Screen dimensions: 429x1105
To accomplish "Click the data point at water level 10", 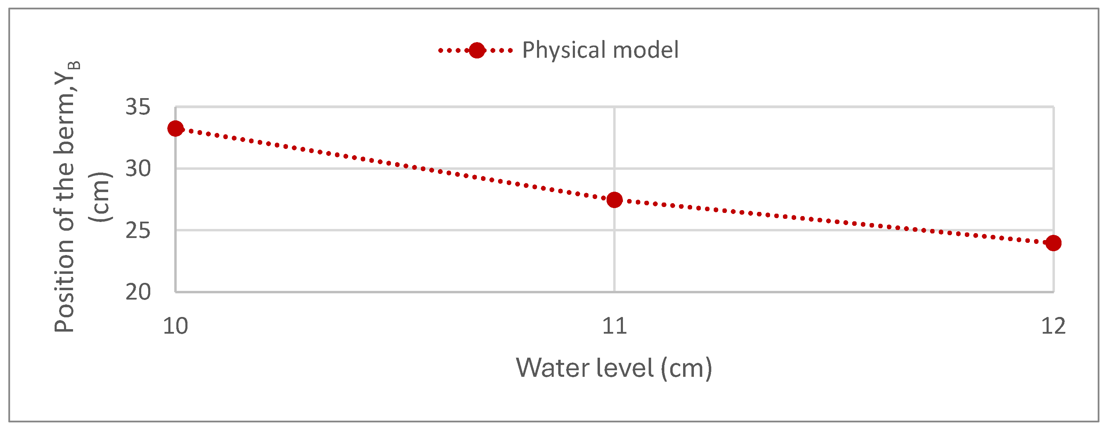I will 175,128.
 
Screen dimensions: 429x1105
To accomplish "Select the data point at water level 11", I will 614,199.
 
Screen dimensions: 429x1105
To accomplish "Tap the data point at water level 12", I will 1053,243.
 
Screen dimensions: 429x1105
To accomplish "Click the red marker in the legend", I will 477,50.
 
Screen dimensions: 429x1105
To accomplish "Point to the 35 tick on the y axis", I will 138,106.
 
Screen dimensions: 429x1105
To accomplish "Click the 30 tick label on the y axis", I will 138,169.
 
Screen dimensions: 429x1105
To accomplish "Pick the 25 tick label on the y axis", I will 138,231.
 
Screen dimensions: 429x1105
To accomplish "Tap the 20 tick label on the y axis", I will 138,292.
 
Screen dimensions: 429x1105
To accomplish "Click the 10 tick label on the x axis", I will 175,326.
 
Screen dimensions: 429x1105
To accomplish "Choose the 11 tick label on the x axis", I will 614,326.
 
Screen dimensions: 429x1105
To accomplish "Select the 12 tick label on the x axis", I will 1053,326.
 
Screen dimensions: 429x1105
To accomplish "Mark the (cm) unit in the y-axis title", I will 101,197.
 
